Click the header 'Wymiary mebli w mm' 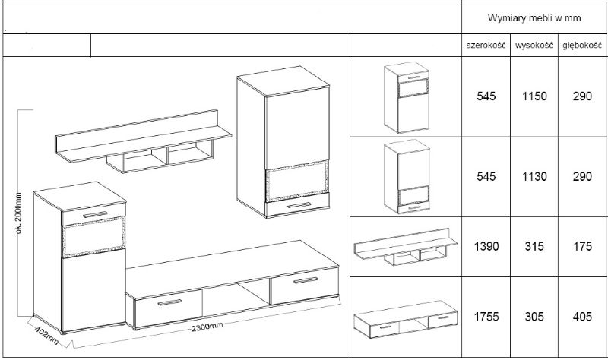(534, 18)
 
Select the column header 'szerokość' (486, 46)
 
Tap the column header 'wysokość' (534, 46)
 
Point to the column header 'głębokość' (582, 46)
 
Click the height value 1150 (534, 96)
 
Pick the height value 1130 (534, 177)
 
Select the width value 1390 (486, 247)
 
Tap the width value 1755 (486, 317)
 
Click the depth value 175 (582, 247)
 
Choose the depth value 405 (582, 317)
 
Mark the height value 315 (534, 247)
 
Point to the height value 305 (534, 317)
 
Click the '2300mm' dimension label (207, 327)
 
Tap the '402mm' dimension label (46, 336)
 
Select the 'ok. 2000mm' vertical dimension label (20, 213)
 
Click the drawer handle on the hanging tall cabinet (299, 205)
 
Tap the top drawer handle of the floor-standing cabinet (95, 214)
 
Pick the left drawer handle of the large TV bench (169, 302)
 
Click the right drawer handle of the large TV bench (306, 280)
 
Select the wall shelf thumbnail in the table (406, 247)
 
